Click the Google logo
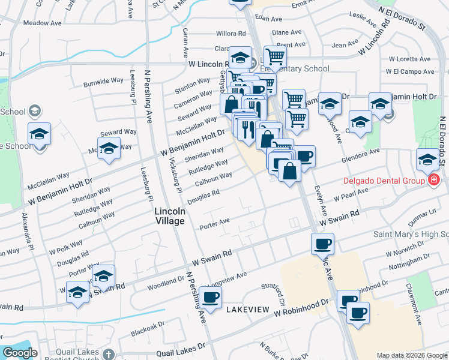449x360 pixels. click(x=20, y=353)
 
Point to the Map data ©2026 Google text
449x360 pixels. click(x=411, y=355)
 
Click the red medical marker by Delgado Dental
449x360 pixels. click(x=433, y=179)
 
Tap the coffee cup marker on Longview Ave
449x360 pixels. click(x=211, y=297)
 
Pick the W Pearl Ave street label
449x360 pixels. click(x=351, y=194)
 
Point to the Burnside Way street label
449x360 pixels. click(x=103, y=80)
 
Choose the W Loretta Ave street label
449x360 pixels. click(x=410, y=59)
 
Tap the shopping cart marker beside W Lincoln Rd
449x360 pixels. click(x=275, y=56)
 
